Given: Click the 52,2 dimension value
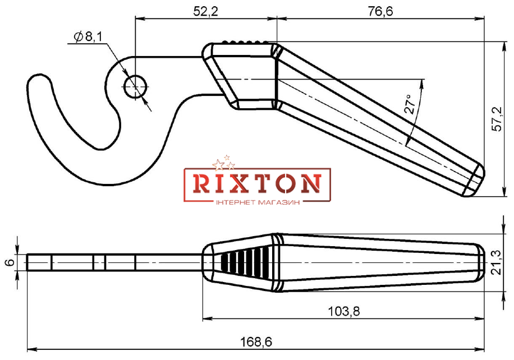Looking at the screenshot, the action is tap(205, 11).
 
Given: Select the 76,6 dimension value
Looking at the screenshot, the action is tap(380, 11).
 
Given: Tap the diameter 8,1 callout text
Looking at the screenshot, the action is tap(89, 36).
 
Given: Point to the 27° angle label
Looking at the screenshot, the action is tap(411, 104).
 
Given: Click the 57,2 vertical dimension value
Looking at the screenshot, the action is tap(498, 119).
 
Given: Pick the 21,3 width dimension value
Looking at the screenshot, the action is tap(498, 262).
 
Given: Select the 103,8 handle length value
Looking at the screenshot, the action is tap(344, 311).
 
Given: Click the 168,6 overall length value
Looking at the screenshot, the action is tap(256, 342).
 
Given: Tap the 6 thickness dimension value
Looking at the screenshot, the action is tap(10, 262).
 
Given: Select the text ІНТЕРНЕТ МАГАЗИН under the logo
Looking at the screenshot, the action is tap(258, 203).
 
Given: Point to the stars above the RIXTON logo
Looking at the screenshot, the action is tap(223, 163).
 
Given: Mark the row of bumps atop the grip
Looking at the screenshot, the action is tap(244, 42).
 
